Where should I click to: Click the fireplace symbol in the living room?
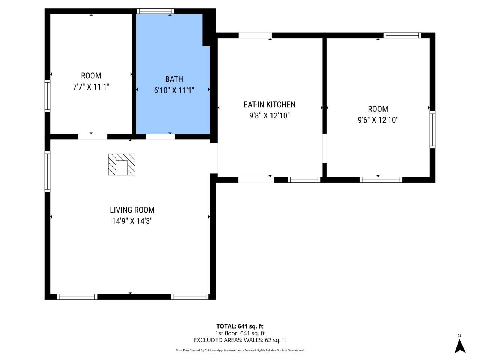[121, 164]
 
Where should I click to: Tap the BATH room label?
[174, 79]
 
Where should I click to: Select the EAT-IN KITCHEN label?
[269, 105]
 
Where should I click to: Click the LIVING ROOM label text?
[132, 210]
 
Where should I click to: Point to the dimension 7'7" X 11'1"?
[91, 87]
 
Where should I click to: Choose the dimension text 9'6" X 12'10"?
[378, 120]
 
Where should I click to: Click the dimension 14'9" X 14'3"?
[132, 221]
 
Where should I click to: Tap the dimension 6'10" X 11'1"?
[174, 90]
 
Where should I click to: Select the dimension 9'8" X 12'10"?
[269, 116]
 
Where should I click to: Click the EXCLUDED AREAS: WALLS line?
[240, 340]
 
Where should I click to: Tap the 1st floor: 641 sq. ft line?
[240, 333]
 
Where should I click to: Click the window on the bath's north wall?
[155, 11]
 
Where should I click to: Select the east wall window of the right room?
[432, 129]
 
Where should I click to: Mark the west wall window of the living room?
[47, 171]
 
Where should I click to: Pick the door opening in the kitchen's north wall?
[255, 35]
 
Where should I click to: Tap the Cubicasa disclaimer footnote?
[240, 350]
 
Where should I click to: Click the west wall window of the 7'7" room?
[47, 96]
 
